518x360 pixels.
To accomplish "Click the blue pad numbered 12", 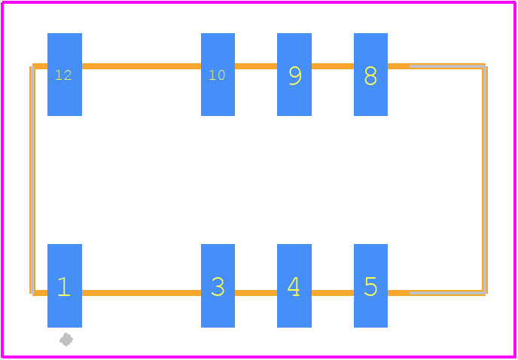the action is (x=65, y=75).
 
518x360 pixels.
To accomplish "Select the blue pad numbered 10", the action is (x=218, y=75).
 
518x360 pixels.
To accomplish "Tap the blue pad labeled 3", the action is (x=218, y=285).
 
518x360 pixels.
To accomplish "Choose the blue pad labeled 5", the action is (x=370, y=285).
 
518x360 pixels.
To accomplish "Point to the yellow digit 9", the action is (x=295, y=76).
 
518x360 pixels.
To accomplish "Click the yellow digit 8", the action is (x=370, y=76).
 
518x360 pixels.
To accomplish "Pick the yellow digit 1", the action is (x=64, y=287).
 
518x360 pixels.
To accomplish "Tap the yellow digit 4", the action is (x=294, y=286).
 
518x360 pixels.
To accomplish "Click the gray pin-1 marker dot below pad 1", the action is (x=66, y=339).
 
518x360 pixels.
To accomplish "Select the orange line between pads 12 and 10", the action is (x=142, y=66).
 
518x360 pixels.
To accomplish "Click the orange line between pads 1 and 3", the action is (x=142, y=293).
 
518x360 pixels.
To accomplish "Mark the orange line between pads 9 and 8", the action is (x=333, y=66).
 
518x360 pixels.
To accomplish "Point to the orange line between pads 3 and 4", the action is (x=256, y=293).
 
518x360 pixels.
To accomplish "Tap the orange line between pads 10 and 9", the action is (x=256, y=66).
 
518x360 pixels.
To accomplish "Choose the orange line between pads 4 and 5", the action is (x=333, y=293).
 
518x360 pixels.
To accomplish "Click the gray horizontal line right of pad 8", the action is (x=447, y=66).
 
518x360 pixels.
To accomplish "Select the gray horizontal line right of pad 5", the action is (x=447, y=293).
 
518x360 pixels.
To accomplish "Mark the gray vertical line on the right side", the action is (x=484, y=179).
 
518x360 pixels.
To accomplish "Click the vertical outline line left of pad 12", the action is (x=32, y=179).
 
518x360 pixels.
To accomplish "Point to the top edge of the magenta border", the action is (x=259, y=2).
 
